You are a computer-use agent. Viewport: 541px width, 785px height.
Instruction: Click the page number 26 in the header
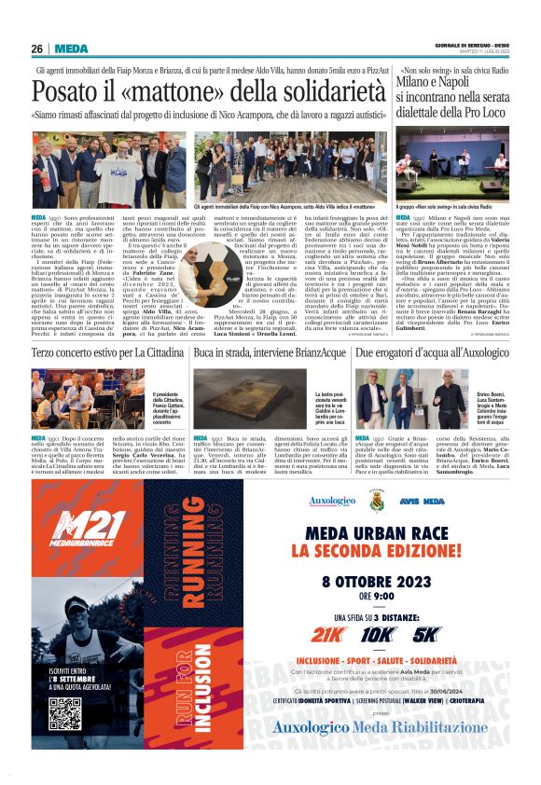point(36,48)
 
